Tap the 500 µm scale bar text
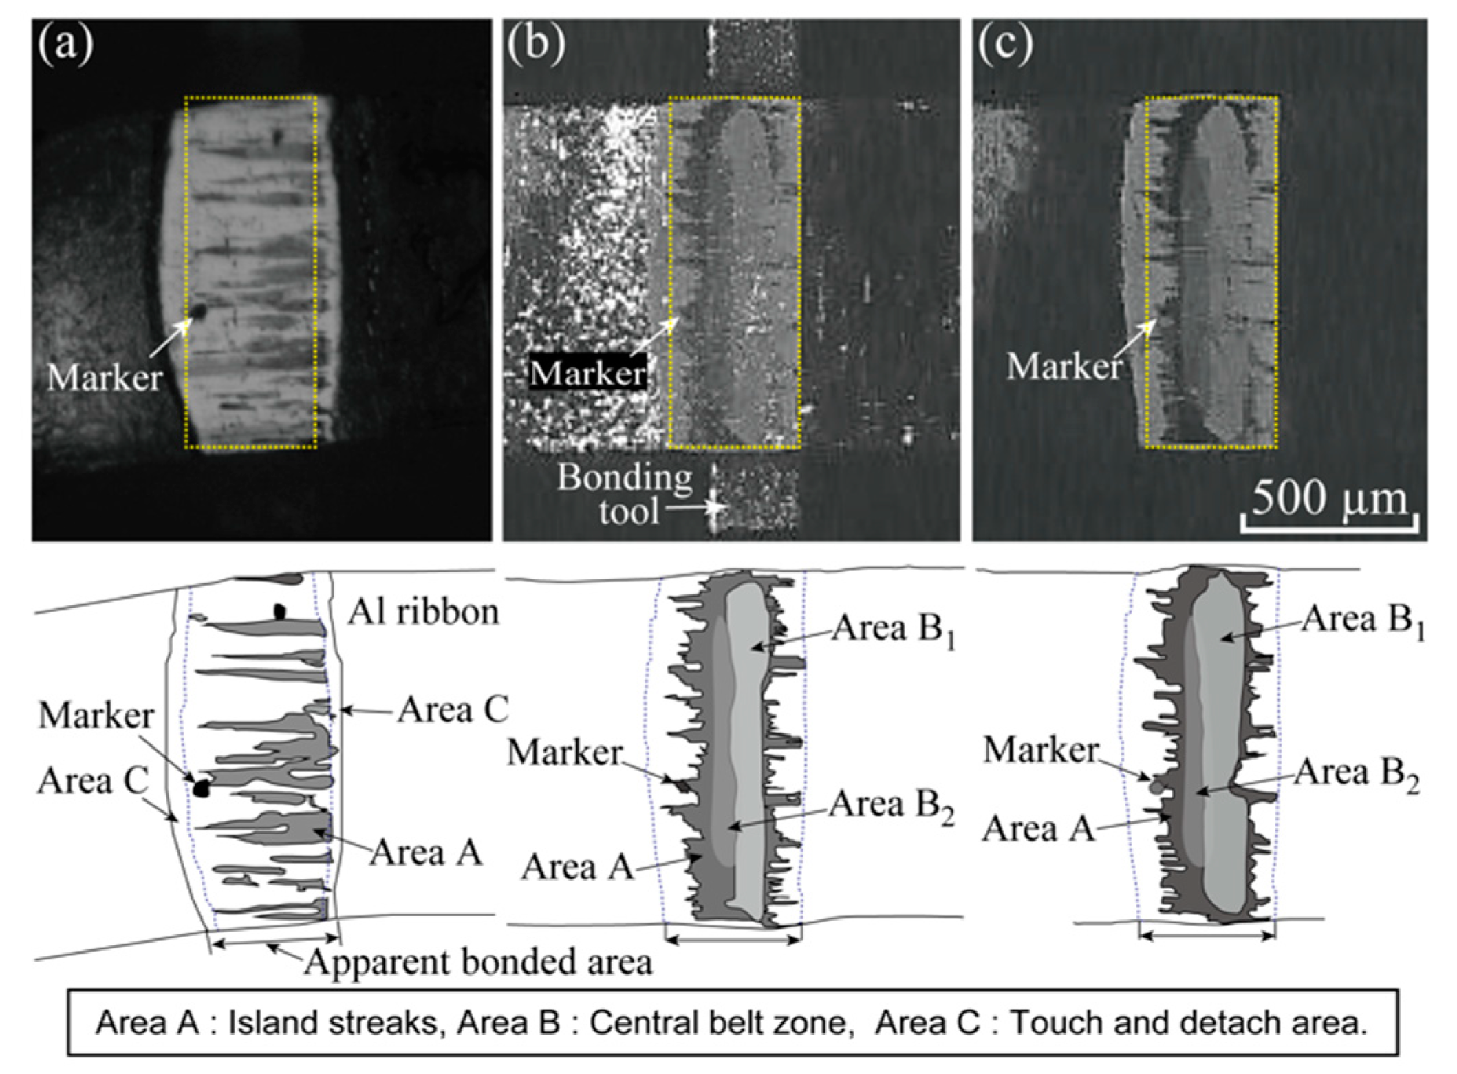click(1329, 497)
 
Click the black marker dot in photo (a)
click(198, 312)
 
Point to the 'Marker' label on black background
click(587, 374)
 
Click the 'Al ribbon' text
click(423, 612)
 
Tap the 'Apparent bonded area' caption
click(478, 962)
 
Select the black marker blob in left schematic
click(201, 788)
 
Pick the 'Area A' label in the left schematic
click(427, 854)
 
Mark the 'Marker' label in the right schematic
click(1040, 749)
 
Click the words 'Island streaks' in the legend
click(333, 1023)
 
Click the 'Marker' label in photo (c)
click(1064, 366)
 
